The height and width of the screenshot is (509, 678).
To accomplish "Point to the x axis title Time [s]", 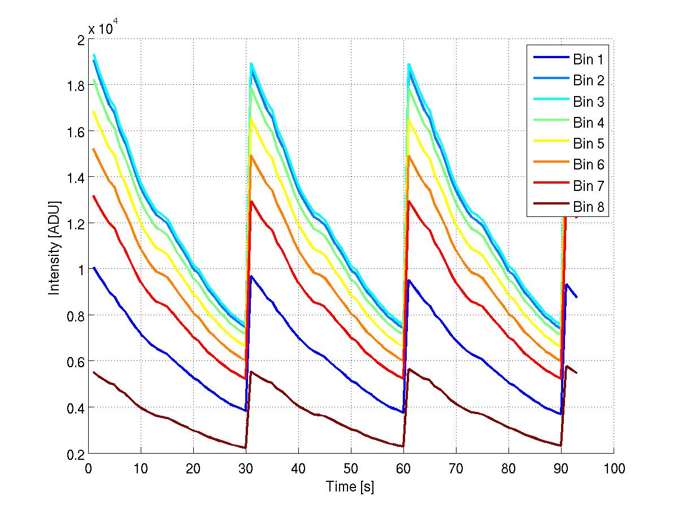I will pos(350,486).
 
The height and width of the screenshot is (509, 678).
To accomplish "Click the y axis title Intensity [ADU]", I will pos(55,247).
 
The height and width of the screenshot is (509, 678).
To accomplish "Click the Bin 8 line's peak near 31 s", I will pos(251,372).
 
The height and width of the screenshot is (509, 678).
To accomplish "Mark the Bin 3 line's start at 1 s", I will pos(94,55).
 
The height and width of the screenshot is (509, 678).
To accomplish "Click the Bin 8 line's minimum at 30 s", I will pos(246,448).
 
